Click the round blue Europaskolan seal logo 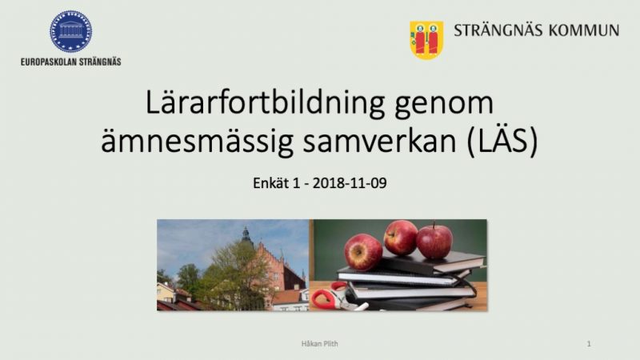click(x=70, y=31)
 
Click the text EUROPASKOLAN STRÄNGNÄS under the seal click(x=71, y=62)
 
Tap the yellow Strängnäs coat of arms click(x=426, y=39)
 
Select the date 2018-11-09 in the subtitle click(x=350, y=183)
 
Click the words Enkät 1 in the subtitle click(x=277, y=183)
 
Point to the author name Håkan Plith click(x=319, y=344)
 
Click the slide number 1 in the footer click(x=589, y=344)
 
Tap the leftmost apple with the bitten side click(x=363, y=252)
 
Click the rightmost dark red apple click(x=434, y=242)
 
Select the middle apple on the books click(x=401, y=238)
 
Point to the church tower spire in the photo click(x=246, y=234)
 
